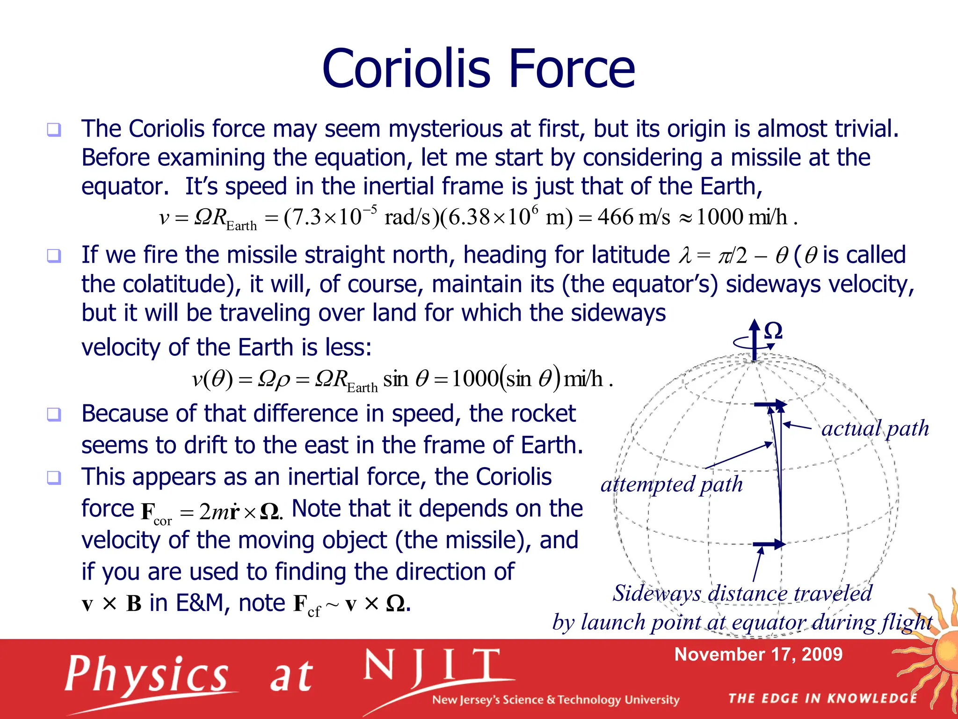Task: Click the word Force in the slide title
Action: coord(571,69)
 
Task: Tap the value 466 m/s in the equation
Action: coord(633,217)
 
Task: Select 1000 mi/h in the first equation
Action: coord(742,217)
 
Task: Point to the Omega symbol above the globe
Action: coord(773,331)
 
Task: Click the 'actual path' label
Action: coord(875,428)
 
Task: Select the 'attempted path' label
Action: coord(672,484)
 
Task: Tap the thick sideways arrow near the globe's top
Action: coord(769,404)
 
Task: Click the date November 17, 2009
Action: coord(758,654)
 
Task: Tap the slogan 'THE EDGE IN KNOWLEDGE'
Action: coord(822,698)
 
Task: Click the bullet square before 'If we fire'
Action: coord(54,256)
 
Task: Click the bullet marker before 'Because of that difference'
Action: coord(54,414)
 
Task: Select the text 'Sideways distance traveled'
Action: coord(742,594)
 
